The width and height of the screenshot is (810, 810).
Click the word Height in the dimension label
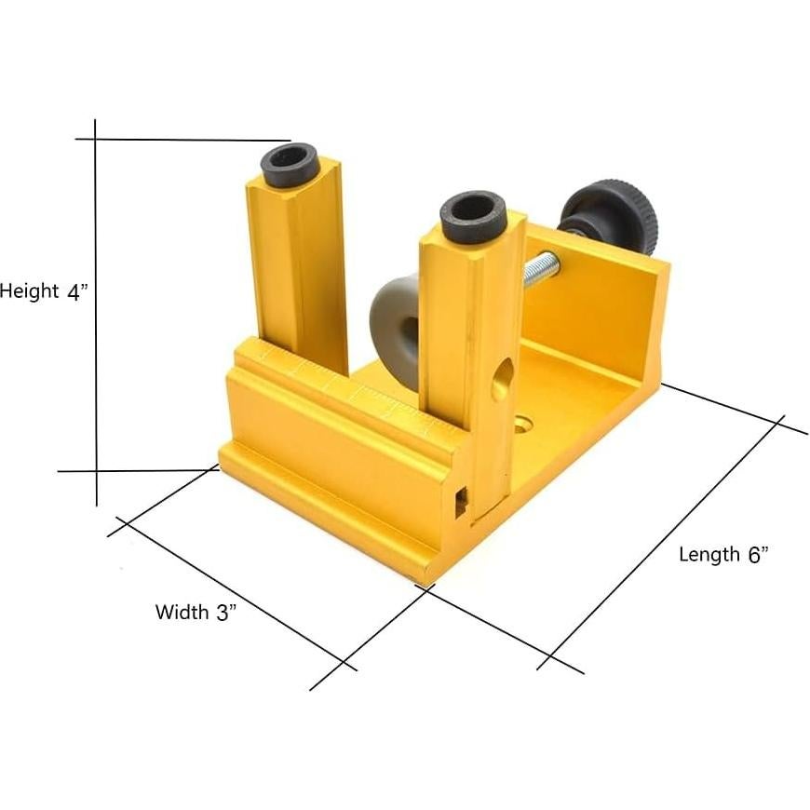[29, 291]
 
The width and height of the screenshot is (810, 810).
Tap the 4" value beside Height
[76, 291]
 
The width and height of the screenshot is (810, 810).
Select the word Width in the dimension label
[182, 613]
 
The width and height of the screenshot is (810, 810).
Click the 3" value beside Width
[227, 613]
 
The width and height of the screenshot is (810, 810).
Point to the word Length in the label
[709, 555]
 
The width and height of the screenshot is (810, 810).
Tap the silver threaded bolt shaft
[540, 271]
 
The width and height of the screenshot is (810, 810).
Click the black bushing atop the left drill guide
[290, 162]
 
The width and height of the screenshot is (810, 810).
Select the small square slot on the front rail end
[460, 503]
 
